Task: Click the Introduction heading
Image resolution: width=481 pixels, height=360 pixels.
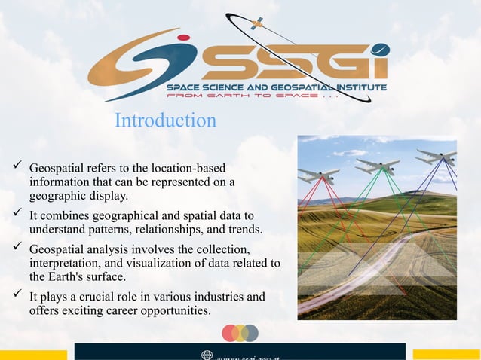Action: (165, 120)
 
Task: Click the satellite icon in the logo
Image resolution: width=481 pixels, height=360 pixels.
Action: (256, 23)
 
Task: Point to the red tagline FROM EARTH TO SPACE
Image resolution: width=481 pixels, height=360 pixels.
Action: (241, 96)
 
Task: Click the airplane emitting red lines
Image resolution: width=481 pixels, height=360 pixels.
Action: (317, 175)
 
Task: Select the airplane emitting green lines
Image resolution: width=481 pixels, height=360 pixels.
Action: (377, 165)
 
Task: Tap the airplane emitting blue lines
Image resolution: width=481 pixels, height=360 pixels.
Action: (437, 157)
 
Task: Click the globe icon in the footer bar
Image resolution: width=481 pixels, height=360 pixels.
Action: (207, 354)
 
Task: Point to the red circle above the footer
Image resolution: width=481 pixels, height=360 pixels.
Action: (231, 333)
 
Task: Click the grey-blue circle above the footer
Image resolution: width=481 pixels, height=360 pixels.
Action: (250, 333)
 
